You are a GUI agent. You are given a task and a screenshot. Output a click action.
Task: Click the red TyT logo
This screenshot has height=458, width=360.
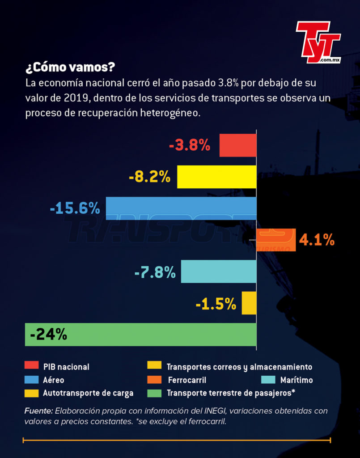[318, 42]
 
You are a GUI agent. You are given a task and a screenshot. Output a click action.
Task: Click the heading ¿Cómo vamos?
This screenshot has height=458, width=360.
[70, 68]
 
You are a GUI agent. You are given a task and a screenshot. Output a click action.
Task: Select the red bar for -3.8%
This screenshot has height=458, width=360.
[238, 145]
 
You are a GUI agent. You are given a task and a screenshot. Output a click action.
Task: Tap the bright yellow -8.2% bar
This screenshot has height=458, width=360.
[217, 177]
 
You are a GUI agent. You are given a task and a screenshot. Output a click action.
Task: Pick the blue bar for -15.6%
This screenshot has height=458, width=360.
[181, 208]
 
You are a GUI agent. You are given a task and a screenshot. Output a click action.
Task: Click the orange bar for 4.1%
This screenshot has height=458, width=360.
[276, 240]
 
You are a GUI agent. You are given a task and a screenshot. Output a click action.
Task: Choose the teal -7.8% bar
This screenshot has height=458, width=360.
[219, 271]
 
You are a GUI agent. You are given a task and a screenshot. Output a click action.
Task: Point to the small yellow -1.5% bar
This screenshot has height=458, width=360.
[249, 303]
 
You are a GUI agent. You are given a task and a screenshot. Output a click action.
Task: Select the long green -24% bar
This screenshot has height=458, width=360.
[141, 335]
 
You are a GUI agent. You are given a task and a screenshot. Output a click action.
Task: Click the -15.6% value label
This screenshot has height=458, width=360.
[75, 208]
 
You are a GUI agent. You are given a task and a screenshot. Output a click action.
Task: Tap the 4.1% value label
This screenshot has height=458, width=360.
[317, 240]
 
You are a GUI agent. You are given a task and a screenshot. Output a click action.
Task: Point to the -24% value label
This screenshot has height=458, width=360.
[48, 335]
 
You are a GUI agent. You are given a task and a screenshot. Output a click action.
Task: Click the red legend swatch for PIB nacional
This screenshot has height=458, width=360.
[32, 365]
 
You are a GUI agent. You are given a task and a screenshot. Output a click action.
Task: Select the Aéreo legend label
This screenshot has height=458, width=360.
[53, 380]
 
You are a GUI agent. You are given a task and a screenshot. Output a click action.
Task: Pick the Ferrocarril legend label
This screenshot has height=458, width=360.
[187, 380]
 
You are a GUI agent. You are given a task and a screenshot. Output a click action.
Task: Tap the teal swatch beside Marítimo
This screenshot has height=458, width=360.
[268, 379]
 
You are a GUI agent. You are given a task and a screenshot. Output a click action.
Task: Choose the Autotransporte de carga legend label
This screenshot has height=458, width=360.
[88, 393]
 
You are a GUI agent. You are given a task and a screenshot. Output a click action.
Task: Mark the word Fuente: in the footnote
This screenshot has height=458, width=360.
[38, 411]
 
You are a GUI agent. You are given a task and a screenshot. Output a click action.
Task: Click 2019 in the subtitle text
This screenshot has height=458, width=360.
[76, 98]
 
